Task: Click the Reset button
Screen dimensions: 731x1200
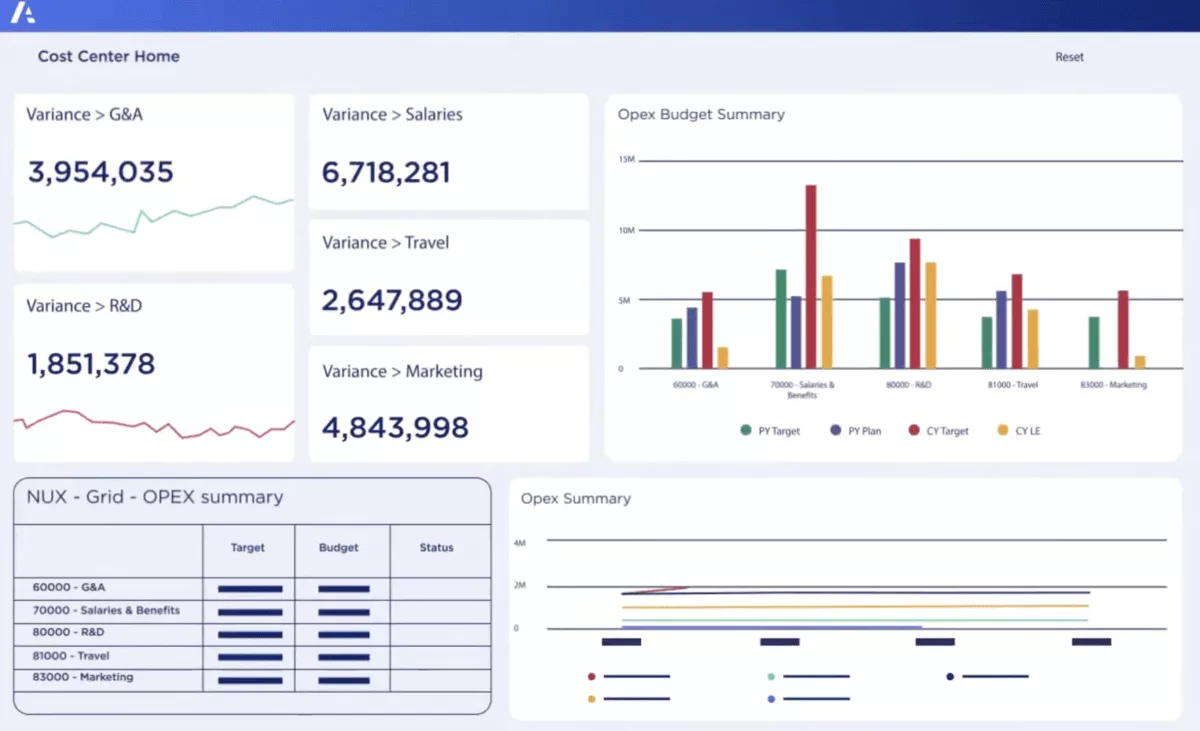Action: coord(1069,57)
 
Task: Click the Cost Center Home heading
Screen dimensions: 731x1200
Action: coord(109,56)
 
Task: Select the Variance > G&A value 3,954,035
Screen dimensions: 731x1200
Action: coord(101,172)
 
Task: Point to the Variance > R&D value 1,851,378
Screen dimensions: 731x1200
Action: coord(91,363)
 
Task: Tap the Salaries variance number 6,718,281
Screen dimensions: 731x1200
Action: coord(386,173)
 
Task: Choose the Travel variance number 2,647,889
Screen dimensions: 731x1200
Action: coord(392,300)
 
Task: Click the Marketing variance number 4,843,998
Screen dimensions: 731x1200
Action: coord(395,427)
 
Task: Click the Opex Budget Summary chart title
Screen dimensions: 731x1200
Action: coord(701,114)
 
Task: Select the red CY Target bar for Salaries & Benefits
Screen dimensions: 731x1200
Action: coord(811,277)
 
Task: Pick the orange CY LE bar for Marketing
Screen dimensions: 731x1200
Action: coord(1140,362)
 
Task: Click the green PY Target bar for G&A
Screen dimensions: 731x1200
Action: coord(677,343)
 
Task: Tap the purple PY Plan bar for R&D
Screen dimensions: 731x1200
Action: coord(900,315)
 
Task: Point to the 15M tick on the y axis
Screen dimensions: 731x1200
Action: coord(627,160)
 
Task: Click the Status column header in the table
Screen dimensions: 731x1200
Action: coord(437,548)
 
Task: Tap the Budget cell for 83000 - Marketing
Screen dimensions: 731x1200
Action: coord(344,679)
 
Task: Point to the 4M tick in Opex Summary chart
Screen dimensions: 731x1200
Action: coord(520,542)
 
